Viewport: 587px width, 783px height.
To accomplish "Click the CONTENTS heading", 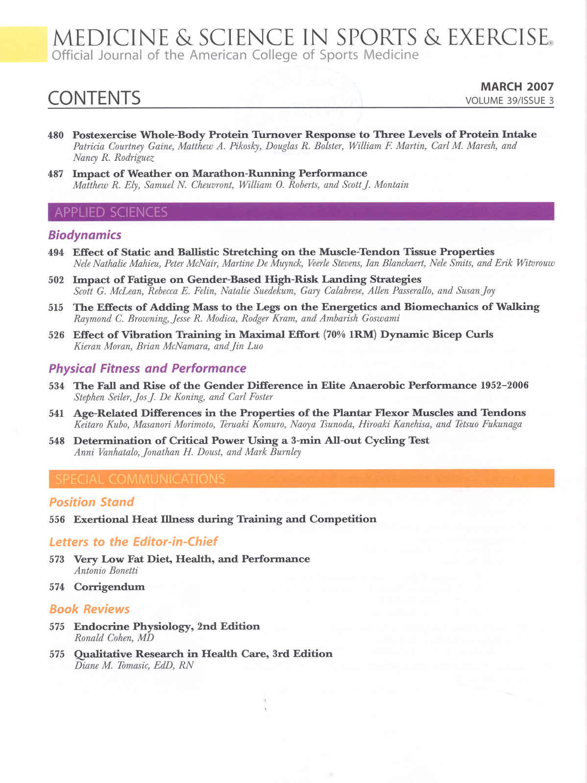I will click(94, 98).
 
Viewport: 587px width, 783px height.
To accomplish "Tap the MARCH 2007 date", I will click(517, 87).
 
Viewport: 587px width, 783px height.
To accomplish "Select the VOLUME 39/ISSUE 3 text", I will click(510, 101).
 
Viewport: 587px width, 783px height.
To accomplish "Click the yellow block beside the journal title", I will click(23, 44).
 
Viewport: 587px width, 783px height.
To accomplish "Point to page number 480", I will click(56, 135).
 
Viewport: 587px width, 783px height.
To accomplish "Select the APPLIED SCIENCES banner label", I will click(111, 212).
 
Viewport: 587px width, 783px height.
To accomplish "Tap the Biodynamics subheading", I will click(85, 235).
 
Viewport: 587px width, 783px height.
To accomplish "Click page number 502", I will click(56, 280).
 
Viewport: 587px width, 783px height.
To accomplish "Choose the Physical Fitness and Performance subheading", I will click(147, 369).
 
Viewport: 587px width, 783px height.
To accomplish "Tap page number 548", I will click(57, 441).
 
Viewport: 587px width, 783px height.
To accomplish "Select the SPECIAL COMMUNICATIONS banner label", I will click(140, 479).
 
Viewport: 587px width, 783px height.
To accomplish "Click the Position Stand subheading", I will click(92, 502).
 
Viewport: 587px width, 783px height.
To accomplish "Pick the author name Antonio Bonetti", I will click(106, 571).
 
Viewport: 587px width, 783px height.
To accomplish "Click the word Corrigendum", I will click(109, 587).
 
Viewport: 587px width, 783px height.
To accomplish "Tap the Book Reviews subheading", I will click(90, 609).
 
